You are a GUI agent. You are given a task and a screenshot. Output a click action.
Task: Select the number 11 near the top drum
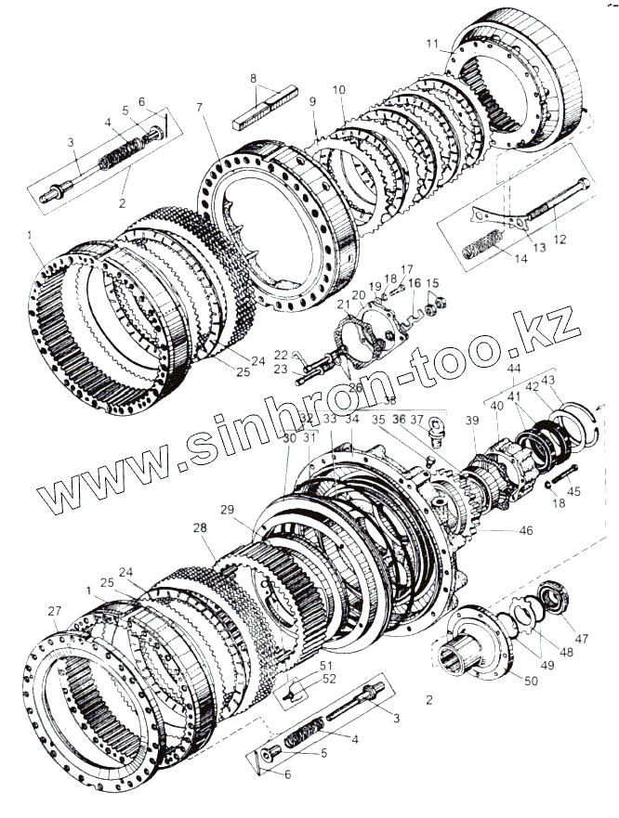[432, 44]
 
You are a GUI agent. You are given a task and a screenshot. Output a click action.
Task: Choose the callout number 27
[55, 610]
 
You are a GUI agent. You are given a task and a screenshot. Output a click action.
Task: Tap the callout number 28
[199, 527]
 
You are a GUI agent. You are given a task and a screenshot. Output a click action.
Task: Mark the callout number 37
[416, 419]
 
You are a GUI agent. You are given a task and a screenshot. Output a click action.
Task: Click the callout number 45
[573, 492]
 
